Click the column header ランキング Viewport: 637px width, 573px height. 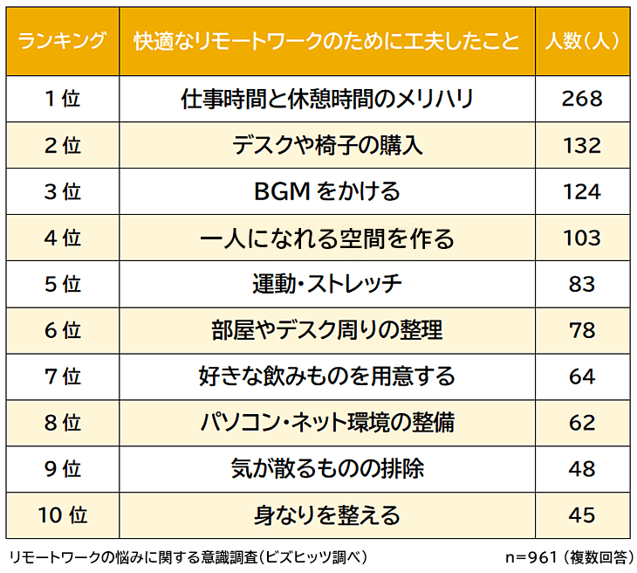[x=62, y=41]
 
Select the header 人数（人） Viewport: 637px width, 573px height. [x=581, y=41]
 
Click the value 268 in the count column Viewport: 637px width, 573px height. [x=581, y=99]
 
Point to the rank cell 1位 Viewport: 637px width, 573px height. [x=62, y=99]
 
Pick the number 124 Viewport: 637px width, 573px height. [x=581, y=191]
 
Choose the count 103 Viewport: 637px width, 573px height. [x=581, y=238]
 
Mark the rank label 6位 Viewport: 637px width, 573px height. [x=62, y=330]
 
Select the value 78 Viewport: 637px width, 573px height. [x=581, y=330]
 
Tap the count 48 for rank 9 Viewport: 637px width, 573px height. [x=581, y=469]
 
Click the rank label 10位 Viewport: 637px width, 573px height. [x=62, y=515]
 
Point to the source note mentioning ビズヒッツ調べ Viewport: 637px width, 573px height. [x=188, y=557]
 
